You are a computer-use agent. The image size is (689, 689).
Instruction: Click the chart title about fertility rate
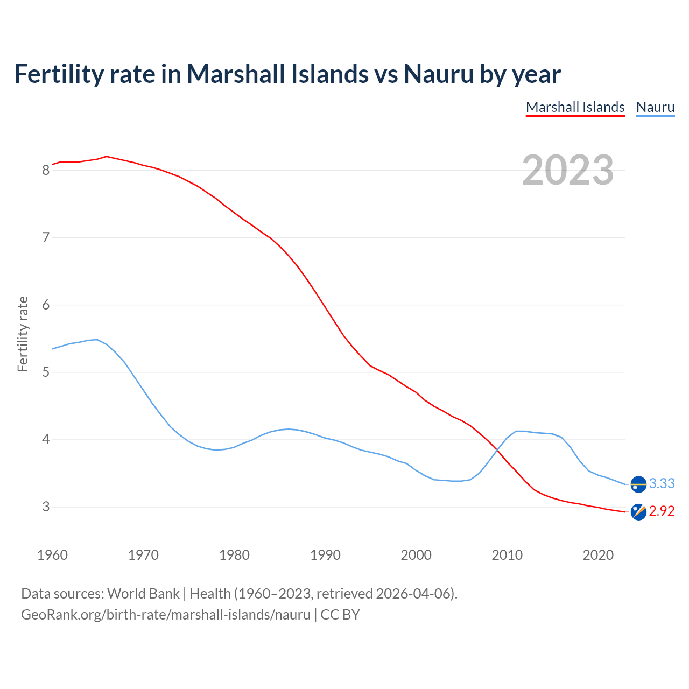[x=287, y=74]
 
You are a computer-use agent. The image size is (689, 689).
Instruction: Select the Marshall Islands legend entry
[x=575, y=107]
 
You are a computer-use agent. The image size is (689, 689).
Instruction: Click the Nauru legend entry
[x=655, y=107]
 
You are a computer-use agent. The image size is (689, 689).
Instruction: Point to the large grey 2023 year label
[x=568, y=170]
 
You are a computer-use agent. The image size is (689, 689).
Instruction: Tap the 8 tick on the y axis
[x=46, y=170]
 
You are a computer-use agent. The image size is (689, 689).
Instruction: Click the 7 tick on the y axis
[x=46, y=237]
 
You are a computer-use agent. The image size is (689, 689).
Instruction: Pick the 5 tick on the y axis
[x=46, y=372]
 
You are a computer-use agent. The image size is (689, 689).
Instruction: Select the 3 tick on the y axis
[x=46, y=507]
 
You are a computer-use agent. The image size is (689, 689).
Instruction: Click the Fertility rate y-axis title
[x=23, y=334]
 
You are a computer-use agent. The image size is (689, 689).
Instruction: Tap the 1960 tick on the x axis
[x=52, y=555]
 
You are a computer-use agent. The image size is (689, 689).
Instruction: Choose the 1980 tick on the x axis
[x=234, y=555]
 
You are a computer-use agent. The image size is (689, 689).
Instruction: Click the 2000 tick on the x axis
[x=416, y=555]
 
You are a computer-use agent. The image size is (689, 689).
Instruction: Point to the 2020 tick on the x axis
[x=598, y=555]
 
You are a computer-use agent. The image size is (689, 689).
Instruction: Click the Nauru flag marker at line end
[x=638, y=484]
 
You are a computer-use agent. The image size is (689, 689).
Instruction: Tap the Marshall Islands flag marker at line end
[x=638, y=512]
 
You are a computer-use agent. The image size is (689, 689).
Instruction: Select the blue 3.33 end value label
[x=662, y=483]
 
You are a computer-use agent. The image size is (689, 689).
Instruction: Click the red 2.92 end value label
[x=662, y=511]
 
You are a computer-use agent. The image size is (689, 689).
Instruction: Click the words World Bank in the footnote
[x=143, y=594]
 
